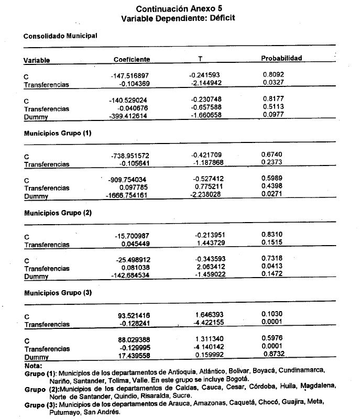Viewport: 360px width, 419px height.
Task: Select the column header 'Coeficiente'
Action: coord(132,59)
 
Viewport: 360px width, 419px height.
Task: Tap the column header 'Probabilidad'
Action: coord(281,58)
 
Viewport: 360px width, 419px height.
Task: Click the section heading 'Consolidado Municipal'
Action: coord(60,36)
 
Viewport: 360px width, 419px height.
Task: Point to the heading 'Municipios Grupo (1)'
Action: coord(58,134)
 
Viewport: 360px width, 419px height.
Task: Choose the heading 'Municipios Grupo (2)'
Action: coord(58,213)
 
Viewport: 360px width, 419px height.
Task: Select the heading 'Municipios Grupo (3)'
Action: coord(58,293)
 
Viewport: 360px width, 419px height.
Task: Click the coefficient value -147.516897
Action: coord(130,76)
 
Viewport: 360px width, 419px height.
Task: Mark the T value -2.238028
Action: coord(206,195)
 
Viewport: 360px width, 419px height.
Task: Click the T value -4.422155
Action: coord(208,323)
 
